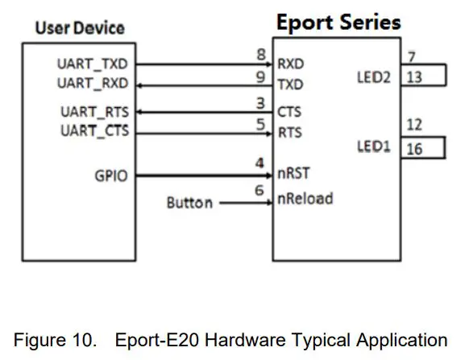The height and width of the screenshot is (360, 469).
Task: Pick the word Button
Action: pos(189,203)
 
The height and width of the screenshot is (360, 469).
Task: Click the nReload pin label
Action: pos(305,198)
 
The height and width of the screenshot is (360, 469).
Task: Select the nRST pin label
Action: pos(295,172)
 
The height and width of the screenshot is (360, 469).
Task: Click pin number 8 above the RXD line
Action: pos(260,54)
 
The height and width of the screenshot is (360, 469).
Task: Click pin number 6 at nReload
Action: pos(259,189)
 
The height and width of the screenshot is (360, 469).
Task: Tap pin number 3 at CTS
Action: pos(259,104)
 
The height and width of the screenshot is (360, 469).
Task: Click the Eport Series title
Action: pos(338,22)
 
